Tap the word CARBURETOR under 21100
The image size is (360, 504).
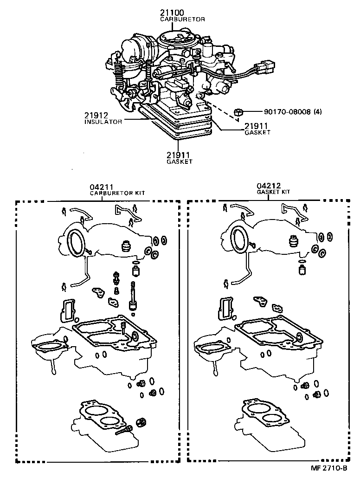182,19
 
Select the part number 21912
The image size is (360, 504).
96,115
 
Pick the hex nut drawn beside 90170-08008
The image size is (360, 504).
239,111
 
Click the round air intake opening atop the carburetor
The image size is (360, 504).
173,38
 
